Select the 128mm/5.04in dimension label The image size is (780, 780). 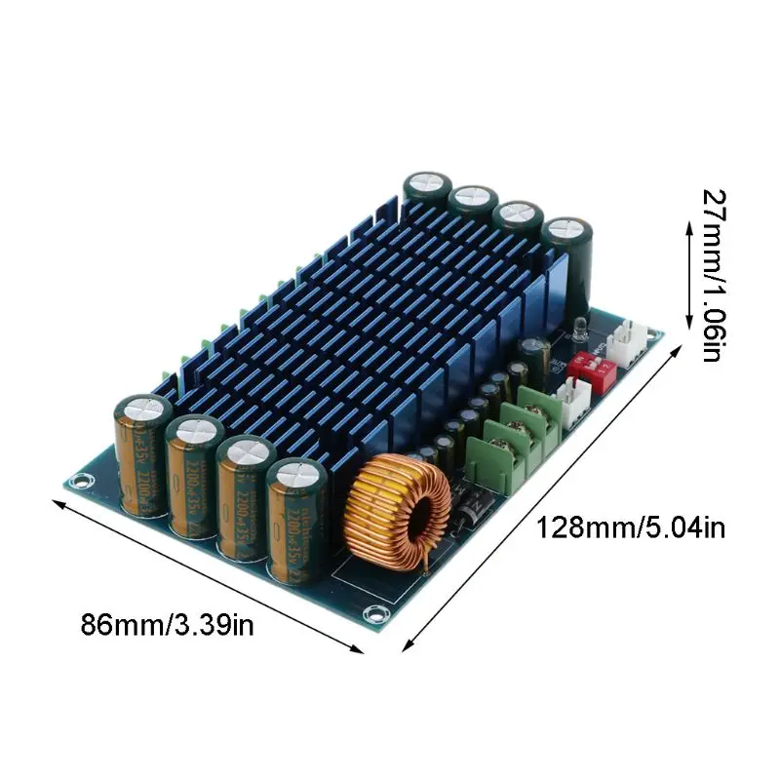[x=631, y=528]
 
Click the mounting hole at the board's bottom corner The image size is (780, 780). [x=371, y=613]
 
